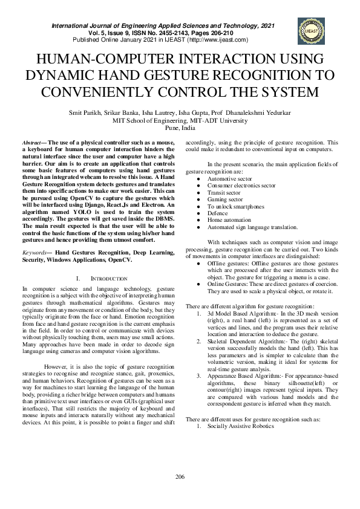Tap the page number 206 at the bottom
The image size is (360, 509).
coord(180,477)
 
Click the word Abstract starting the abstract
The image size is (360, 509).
coord(31,141)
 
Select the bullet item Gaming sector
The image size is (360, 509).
coord(225,199)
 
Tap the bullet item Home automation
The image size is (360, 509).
coord(229,220)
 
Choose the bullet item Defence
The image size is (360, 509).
coord(217,213)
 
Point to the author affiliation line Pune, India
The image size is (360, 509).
coord(180,128)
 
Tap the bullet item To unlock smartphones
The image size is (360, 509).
coord(235,206)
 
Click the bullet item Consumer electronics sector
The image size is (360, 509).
coord(241,186)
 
